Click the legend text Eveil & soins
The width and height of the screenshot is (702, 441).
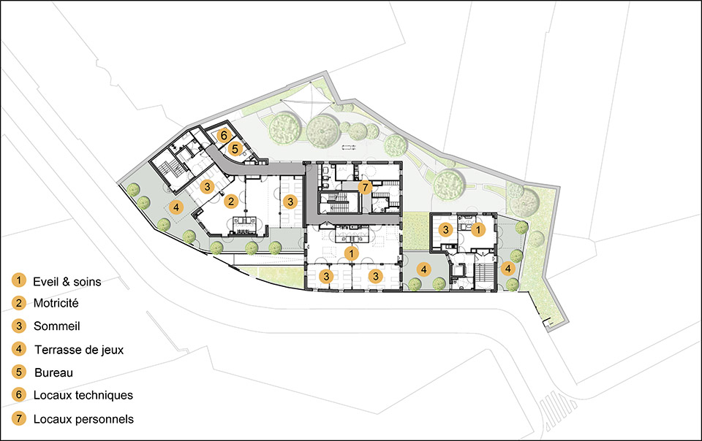point(67,282)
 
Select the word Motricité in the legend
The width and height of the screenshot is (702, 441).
point(56,304)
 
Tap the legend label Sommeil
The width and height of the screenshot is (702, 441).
point(57,326)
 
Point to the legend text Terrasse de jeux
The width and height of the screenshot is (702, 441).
point(79,350)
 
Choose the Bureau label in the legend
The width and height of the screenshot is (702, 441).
point(53,372)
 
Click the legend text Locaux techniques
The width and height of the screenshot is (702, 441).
point(83,396)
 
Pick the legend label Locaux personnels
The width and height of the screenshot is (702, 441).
point(83,419)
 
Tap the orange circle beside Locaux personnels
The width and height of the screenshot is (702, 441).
point(19,418)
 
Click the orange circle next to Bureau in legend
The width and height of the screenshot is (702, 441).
point(19,372)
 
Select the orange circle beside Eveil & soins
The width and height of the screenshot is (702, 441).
point(19,280)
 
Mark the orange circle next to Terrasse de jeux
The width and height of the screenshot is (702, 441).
point(19,349)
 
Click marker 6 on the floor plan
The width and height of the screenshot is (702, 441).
point(224,135)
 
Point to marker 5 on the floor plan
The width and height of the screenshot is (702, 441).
point(235,149)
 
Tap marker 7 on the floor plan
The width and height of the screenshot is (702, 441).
point(366,187)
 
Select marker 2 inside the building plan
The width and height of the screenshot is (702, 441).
point(231,202)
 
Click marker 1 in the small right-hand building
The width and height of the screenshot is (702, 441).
point(478,230)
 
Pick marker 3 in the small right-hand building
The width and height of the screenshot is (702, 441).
point(445,230)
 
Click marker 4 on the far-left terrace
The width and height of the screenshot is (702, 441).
point(176,207)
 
